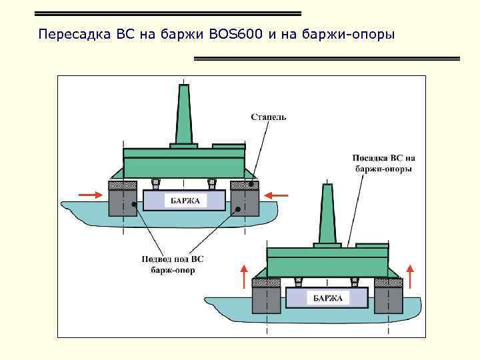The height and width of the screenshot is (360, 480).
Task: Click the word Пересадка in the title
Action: point(69,33)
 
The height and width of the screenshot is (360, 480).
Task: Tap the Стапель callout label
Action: point(268,117)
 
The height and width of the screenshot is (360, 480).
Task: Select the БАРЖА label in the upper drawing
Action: point(185,201)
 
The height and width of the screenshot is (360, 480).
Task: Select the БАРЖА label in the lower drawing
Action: point(327,298)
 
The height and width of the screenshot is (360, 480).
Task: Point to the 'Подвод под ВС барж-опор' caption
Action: point(169,265)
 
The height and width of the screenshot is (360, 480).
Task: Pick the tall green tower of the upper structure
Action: point(184,113)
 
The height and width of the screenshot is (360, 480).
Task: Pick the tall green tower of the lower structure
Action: point(327,213)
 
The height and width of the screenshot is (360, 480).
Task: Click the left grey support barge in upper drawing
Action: point(123,203)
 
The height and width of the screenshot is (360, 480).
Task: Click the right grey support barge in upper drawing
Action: point(245,203)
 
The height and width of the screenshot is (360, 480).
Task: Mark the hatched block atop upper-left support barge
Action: point(123,185)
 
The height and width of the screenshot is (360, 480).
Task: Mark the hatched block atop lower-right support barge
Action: point(389,283)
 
